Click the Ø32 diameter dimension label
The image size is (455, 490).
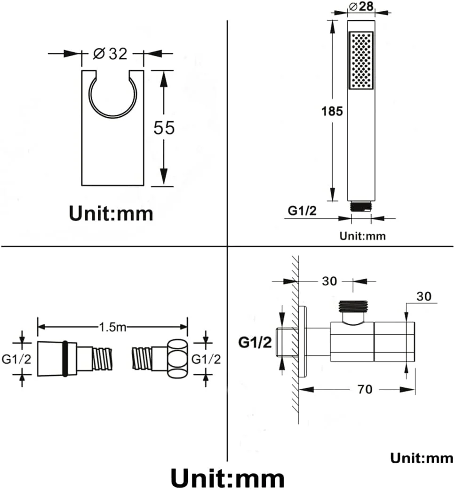coord(111,54)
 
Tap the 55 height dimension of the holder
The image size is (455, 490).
coord(164,128)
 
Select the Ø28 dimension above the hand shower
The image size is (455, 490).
coord(361,6)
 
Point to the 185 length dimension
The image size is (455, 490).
coord(332,111)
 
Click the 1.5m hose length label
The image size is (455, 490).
coord(112,327)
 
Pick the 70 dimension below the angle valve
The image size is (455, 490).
coord(365,389)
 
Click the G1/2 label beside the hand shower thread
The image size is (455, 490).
coord(302,210)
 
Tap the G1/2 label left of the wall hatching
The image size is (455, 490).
coord(255,343)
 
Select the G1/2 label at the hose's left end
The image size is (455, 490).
coord(16,359)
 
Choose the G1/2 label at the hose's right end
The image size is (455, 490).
coord(206,359)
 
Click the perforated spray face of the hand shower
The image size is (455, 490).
coord(361,60)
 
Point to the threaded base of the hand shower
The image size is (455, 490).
coord(361,207)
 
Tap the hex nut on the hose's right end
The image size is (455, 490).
coord(178,359)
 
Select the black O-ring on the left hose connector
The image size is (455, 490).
coord(65,358)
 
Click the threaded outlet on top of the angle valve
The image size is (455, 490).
coord(353,306)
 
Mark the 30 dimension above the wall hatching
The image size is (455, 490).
coord(329,281)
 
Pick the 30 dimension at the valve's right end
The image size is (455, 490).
coord(424,296)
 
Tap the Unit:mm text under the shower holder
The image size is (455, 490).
coord(111,213)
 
